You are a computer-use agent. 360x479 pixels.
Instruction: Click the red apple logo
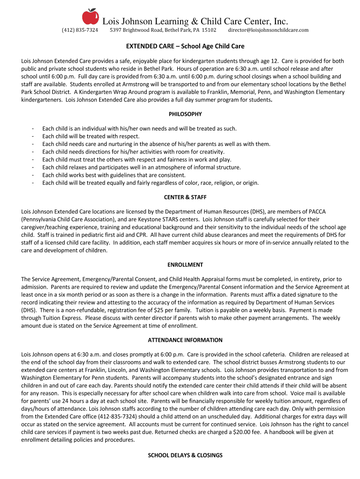(91, 16)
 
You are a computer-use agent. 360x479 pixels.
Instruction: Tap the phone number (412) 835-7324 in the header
(80, 30)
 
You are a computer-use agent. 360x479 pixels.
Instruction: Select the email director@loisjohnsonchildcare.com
(268, 30)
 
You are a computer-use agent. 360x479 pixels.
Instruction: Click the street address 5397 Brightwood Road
(136, 30)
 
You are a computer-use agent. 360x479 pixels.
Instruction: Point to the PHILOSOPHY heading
(185, 114)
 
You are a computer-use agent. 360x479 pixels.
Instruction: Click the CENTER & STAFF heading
(185, 197)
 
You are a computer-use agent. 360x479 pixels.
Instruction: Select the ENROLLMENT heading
(185, 265)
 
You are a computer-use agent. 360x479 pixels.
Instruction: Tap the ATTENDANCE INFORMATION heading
(185, 340)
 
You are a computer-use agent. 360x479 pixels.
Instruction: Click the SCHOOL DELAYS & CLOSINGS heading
(185, 455)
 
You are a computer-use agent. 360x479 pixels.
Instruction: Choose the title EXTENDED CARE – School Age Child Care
(185, 47)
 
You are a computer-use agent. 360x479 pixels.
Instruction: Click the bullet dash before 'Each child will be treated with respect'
(32, 137)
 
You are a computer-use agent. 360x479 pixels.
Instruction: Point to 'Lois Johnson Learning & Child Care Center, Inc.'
(195, 22)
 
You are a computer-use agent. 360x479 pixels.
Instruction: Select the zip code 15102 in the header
(209, 30)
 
